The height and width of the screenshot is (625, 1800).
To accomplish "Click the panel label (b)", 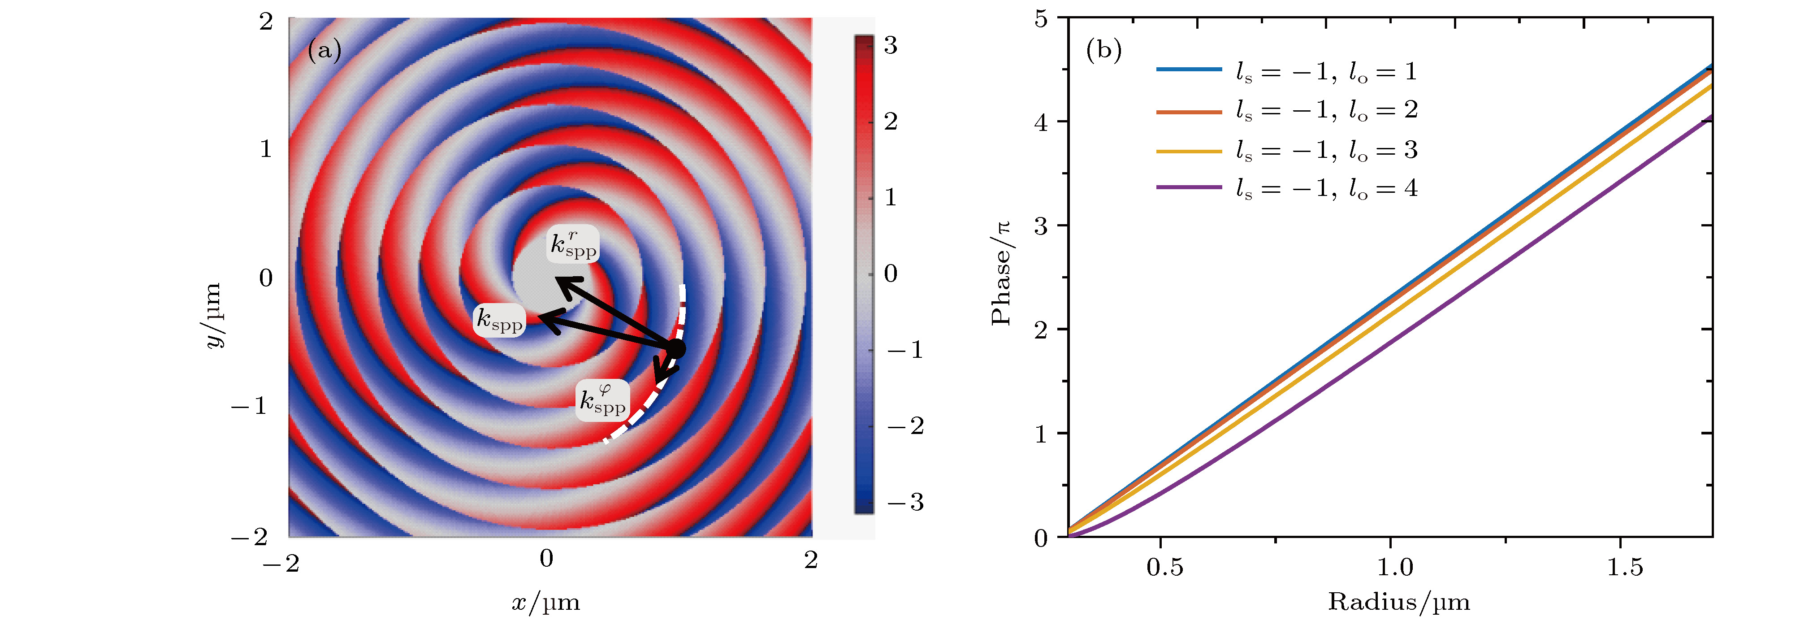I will point(1103,50).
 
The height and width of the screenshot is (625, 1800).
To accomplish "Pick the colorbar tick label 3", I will point(890,45).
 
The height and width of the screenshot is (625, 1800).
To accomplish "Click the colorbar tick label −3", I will point(905,502).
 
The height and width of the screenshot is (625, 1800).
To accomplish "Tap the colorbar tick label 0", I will point(890,273).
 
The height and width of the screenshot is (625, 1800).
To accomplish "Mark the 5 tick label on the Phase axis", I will point(1041,19).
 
